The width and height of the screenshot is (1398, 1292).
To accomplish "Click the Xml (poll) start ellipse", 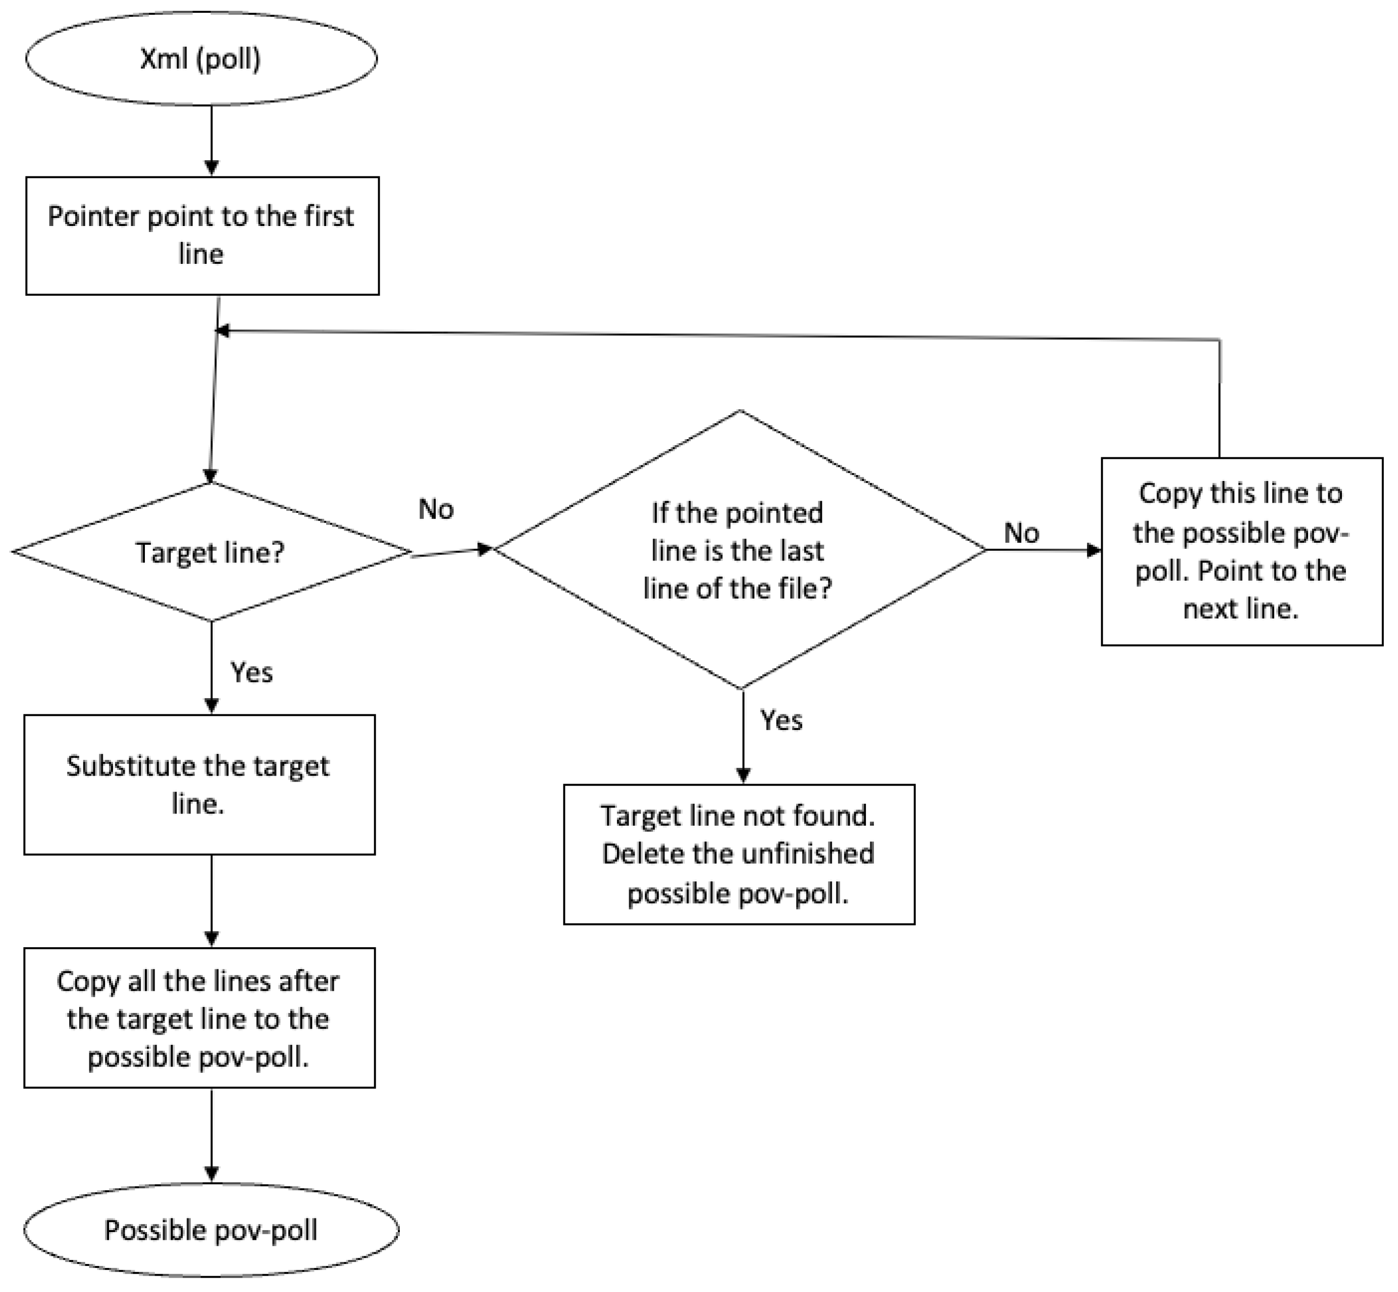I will pos(201,59).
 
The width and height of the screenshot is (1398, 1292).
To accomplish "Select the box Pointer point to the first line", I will pos(202,236).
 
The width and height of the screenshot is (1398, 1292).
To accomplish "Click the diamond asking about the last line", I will pos(740,550).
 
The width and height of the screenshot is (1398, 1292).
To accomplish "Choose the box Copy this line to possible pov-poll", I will pos(1241,552).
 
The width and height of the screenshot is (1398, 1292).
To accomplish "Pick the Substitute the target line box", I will pos(199,785).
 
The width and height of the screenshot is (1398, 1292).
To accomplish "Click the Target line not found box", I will pos(739,854).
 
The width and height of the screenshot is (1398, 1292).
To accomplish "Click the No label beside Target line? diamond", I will pos(436,509).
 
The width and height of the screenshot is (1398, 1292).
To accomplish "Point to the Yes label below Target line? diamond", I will pos(252,673).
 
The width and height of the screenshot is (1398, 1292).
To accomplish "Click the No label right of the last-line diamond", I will pos(1021,534).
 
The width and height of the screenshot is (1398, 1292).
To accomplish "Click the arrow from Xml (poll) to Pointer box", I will pos(211,140).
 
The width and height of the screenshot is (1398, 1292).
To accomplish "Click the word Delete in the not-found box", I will pos(636,854).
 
